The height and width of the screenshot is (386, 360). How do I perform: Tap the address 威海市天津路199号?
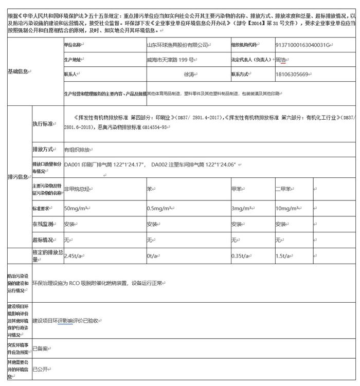pos(170,59)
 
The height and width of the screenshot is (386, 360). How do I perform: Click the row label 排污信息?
pos(18,177)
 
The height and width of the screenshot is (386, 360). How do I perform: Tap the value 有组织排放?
pos(77,150)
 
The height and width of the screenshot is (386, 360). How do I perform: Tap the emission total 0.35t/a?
pos(242,256)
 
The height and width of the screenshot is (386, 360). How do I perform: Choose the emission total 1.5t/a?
pos(284,256)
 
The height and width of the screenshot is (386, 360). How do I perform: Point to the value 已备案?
pos(40,348)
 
